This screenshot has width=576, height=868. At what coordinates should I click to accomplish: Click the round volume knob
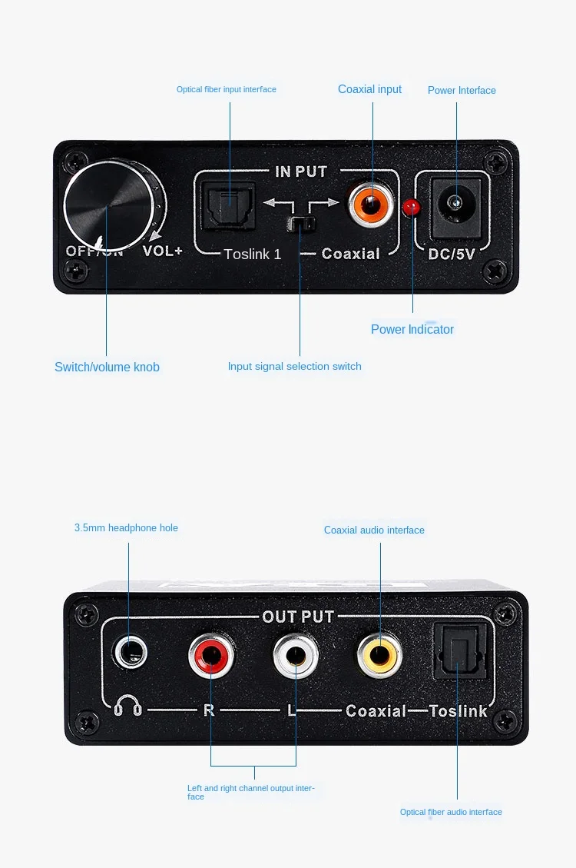[x=109, y=204]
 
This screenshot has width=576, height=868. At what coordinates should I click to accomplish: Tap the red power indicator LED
[x=412, y=206]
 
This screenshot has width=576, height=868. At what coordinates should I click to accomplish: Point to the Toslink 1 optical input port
[x=228, y=205]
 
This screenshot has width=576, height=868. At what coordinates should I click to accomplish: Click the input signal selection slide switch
[x=300, y=224]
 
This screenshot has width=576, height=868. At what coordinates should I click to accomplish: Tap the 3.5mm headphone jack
[x=129, y=655]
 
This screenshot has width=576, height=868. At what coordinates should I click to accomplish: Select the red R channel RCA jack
[x=211, y=655]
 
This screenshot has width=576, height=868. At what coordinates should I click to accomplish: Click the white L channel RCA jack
[x=296, y=655]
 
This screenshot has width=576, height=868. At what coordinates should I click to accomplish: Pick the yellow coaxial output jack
[x=380, y=654]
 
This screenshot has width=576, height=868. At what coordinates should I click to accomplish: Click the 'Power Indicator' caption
[x=412, y=329]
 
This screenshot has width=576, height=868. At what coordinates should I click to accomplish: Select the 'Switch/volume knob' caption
[x=107, y=367]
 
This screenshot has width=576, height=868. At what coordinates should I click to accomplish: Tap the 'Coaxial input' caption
[x=369, y=89]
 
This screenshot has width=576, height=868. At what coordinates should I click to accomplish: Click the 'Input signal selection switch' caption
[x=294, y=366]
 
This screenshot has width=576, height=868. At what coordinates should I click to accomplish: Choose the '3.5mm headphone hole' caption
[x=126, y=527]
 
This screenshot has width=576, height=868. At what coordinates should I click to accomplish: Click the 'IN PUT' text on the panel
[x=300, y=171]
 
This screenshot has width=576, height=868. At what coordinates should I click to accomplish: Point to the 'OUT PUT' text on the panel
[x=298, y=617]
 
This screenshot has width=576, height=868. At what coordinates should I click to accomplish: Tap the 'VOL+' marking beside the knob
[x=163, y=251]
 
